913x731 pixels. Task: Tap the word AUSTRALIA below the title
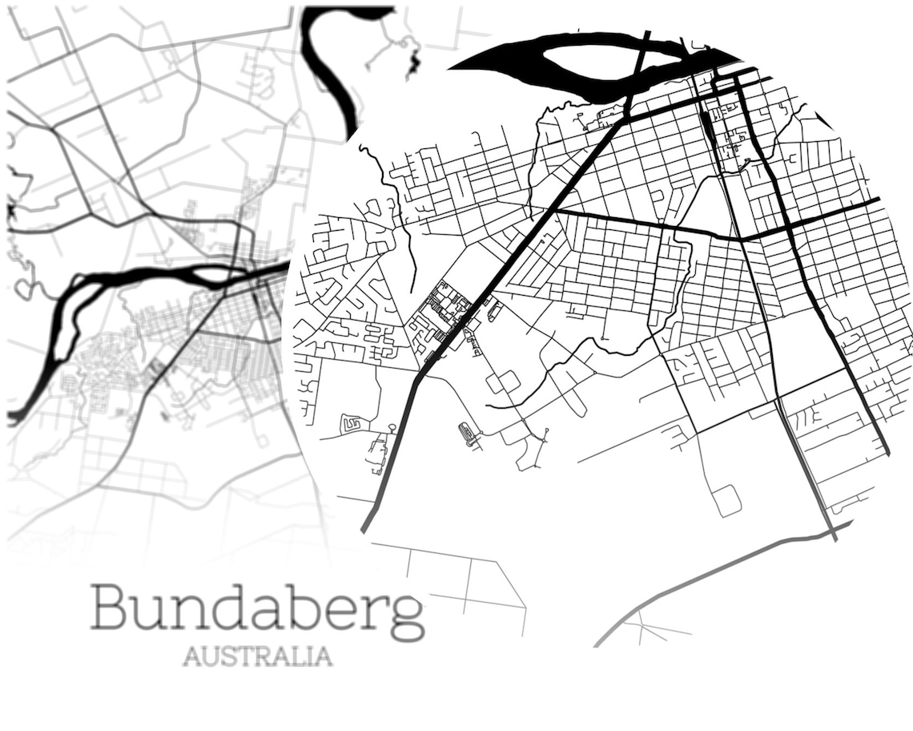coord(257,656)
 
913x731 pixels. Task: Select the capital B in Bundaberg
coord(108,608)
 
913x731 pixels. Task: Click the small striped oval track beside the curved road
coord(469,434)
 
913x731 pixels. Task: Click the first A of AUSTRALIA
coord(191,656)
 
